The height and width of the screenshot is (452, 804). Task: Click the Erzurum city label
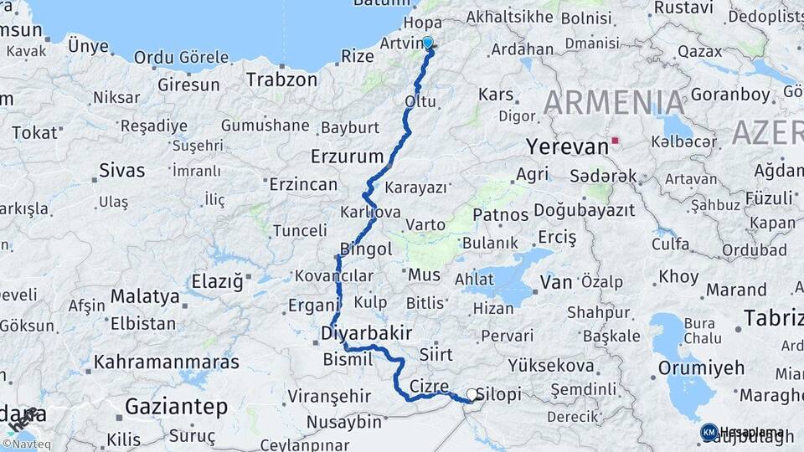point(347,156)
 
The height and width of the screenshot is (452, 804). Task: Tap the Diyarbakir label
point(366,333)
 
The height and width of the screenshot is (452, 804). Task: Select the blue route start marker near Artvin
point(428,43)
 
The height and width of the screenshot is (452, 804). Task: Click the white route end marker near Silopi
point(472,394)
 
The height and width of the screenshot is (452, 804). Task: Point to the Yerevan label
point(567,147)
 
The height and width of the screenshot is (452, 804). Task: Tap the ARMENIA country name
point(614,102)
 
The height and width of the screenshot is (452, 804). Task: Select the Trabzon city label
point(281,80)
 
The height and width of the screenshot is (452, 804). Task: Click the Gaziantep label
point(177,407)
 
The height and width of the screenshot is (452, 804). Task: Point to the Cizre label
point(430,386)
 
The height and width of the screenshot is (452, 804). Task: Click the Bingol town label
point(366,249)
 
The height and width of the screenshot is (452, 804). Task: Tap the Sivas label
point(121,170)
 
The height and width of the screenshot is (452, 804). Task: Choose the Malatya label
point(145,295)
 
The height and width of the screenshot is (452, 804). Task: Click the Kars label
point(496,94)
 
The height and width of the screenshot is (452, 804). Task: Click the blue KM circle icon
point(709,432)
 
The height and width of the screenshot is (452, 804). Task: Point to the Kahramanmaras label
point(167,362)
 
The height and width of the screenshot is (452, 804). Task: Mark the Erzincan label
point(303,183)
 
